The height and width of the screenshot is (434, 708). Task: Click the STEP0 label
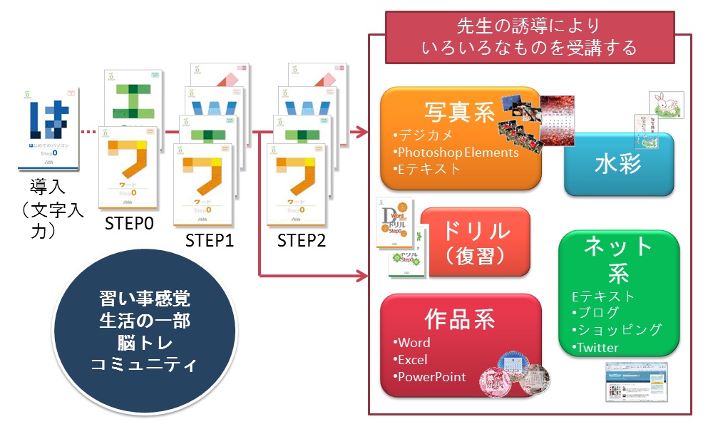point(130,224)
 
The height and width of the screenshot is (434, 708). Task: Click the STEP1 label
point(210,240)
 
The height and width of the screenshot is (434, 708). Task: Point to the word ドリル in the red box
point(476,231)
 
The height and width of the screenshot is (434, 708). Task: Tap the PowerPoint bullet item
point(431,377)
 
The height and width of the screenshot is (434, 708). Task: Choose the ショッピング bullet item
point(617,329)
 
